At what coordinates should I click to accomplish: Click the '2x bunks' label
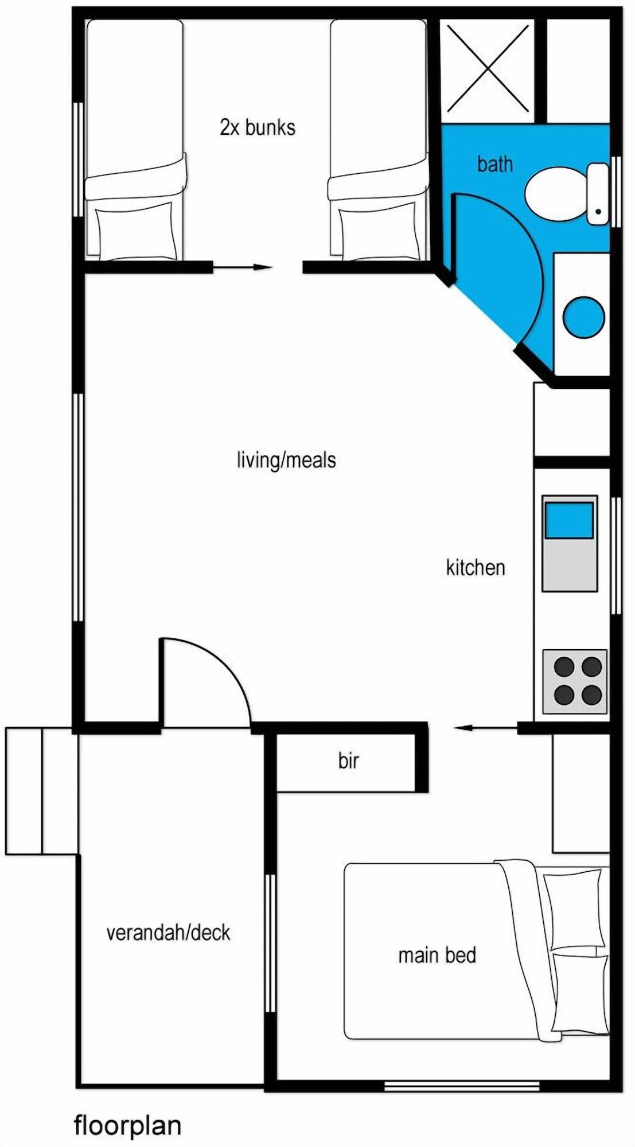(258, 127)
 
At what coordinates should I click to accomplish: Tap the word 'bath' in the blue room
(494, 164)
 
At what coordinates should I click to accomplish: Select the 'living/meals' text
(286, 460)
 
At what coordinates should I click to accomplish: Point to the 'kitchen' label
(476, 568)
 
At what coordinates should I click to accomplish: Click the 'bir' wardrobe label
(348, 761)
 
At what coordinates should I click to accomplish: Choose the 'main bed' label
(437, 955)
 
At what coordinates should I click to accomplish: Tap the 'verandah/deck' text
(168, 933)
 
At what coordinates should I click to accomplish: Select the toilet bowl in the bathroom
(554, 194)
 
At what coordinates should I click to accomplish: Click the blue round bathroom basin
(583, 317)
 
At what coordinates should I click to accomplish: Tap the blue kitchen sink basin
(568, 520)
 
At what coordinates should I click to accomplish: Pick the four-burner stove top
(574, 681)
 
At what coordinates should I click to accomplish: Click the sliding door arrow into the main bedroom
(485, 728)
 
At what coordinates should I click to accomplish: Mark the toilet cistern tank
(598, 194)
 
